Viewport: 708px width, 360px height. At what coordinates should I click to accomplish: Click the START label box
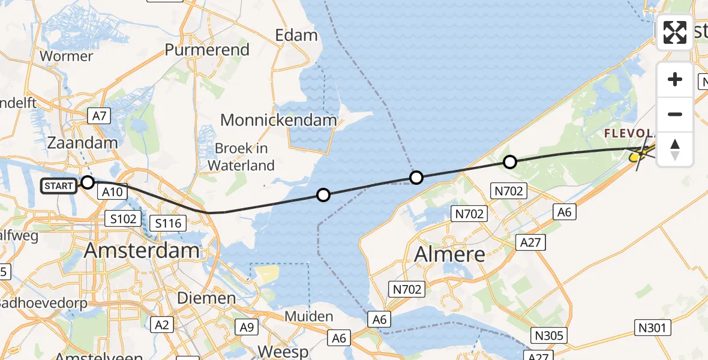tap(59, 186)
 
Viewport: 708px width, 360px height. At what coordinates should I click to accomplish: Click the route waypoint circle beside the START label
tap(88, 182)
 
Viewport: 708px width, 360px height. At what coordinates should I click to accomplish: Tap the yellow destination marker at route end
tap(635, 157)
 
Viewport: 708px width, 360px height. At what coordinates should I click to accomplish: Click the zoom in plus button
tap(675, 79)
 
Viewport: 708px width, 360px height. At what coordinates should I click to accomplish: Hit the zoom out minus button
tap(675, 114)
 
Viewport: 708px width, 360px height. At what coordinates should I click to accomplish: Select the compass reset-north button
tap(675, 149)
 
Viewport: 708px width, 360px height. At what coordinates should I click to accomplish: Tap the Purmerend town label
tap(207, 50)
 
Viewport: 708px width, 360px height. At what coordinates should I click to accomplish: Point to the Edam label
tap(296, 35)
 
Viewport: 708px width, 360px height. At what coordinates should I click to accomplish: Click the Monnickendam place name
tap(278, 120)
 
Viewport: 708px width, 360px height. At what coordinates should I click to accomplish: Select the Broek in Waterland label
tap(245, 157)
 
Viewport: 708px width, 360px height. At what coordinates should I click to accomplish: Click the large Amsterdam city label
tap(142, 250)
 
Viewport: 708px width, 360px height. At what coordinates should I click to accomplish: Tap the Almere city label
tap(449, 254)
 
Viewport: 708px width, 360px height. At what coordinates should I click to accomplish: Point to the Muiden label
tap(309, 317)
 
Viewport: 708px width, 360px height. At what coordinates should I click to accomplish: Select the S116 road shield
tap(169, 224)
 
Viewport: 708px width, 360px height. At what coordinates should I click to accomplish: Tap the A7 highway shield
tap(98, 116)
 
